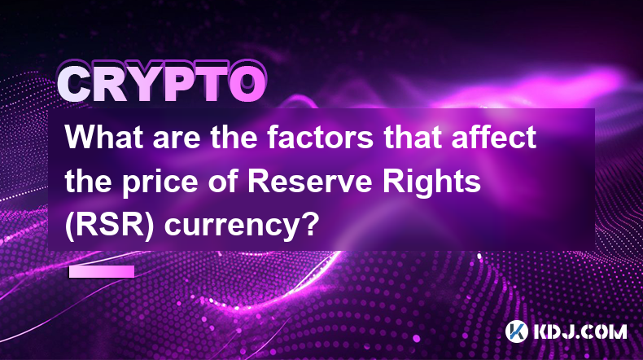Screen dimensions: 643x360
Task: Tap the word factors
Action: (x=321, y=137)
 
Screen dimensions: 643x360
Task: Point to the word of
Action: (x=224, y=181)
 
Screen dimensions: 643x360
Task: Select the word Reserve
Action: (x=310, y=181)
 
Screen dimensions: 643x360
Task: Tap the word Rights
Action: (x=431, y=184)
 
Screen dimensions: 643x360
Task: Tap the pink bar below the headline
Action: (x=102, y=271)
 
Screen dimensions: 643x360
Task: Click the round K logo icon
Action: (x=516, y=331)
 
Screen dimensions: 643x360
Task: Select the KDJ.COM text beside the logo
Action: (x=580, y=331)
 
